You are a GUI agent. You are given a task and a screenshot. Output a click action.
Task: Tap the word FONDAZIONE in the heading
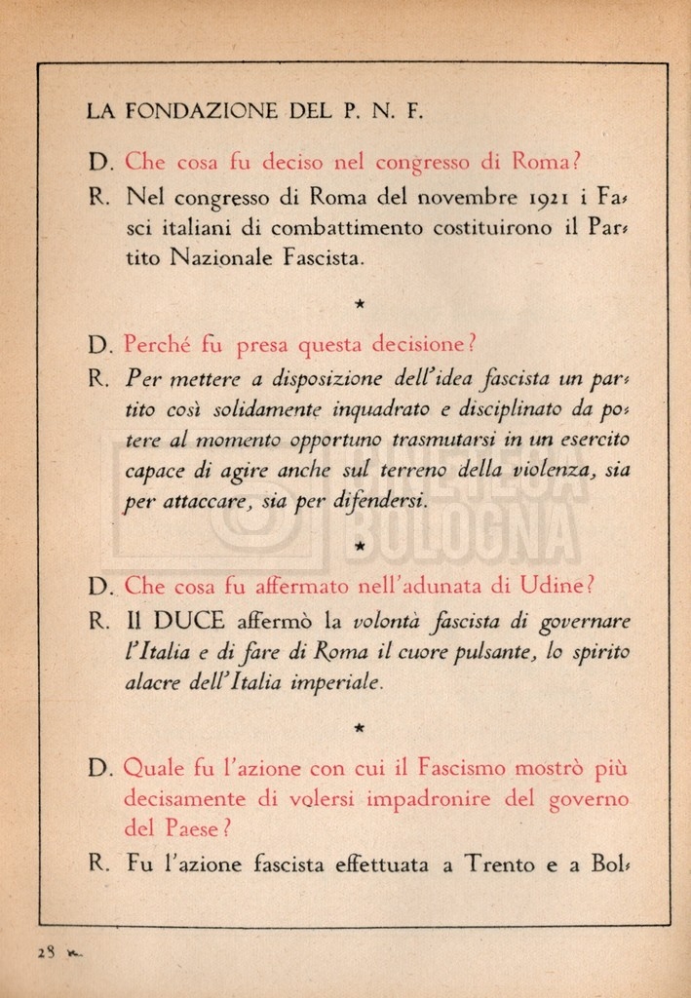(x=203, y=111)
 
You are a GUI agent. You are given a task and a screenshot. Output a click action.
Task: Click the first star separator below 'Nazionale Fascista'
(x=360, y=305)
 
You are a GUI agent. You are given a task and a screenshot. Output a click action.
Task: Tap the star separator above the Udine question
(x=360, y=546)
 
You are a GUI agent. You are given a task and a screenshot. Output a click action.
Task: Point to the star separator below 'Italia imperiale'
(x=360, y=727)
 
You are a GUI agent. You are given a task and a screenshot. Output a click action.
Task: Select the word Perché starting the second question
(x=159, y=345)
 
